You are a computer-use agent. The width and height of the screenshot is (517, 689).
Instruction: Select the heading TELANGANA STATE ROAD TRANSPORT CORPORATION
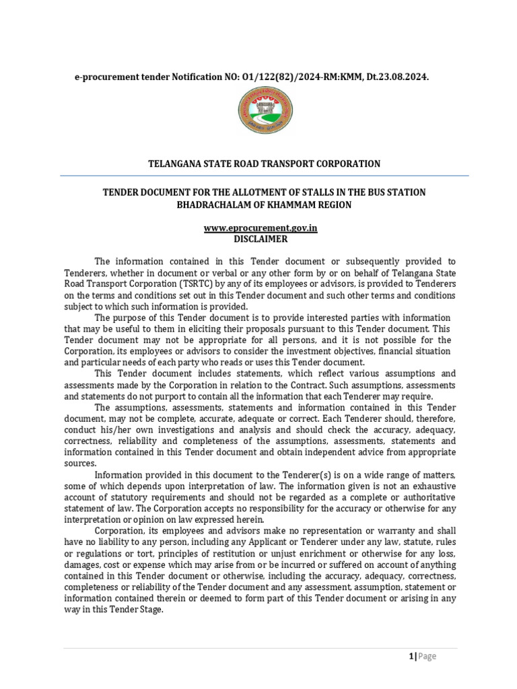(x=264, y=164)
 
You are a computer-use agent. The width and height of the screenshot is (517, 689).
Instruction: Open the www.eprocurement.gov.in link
(x=261, y=227)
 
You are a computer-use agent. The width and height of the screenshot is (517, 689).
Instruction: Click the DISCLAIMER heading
(x=261, y=238)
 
